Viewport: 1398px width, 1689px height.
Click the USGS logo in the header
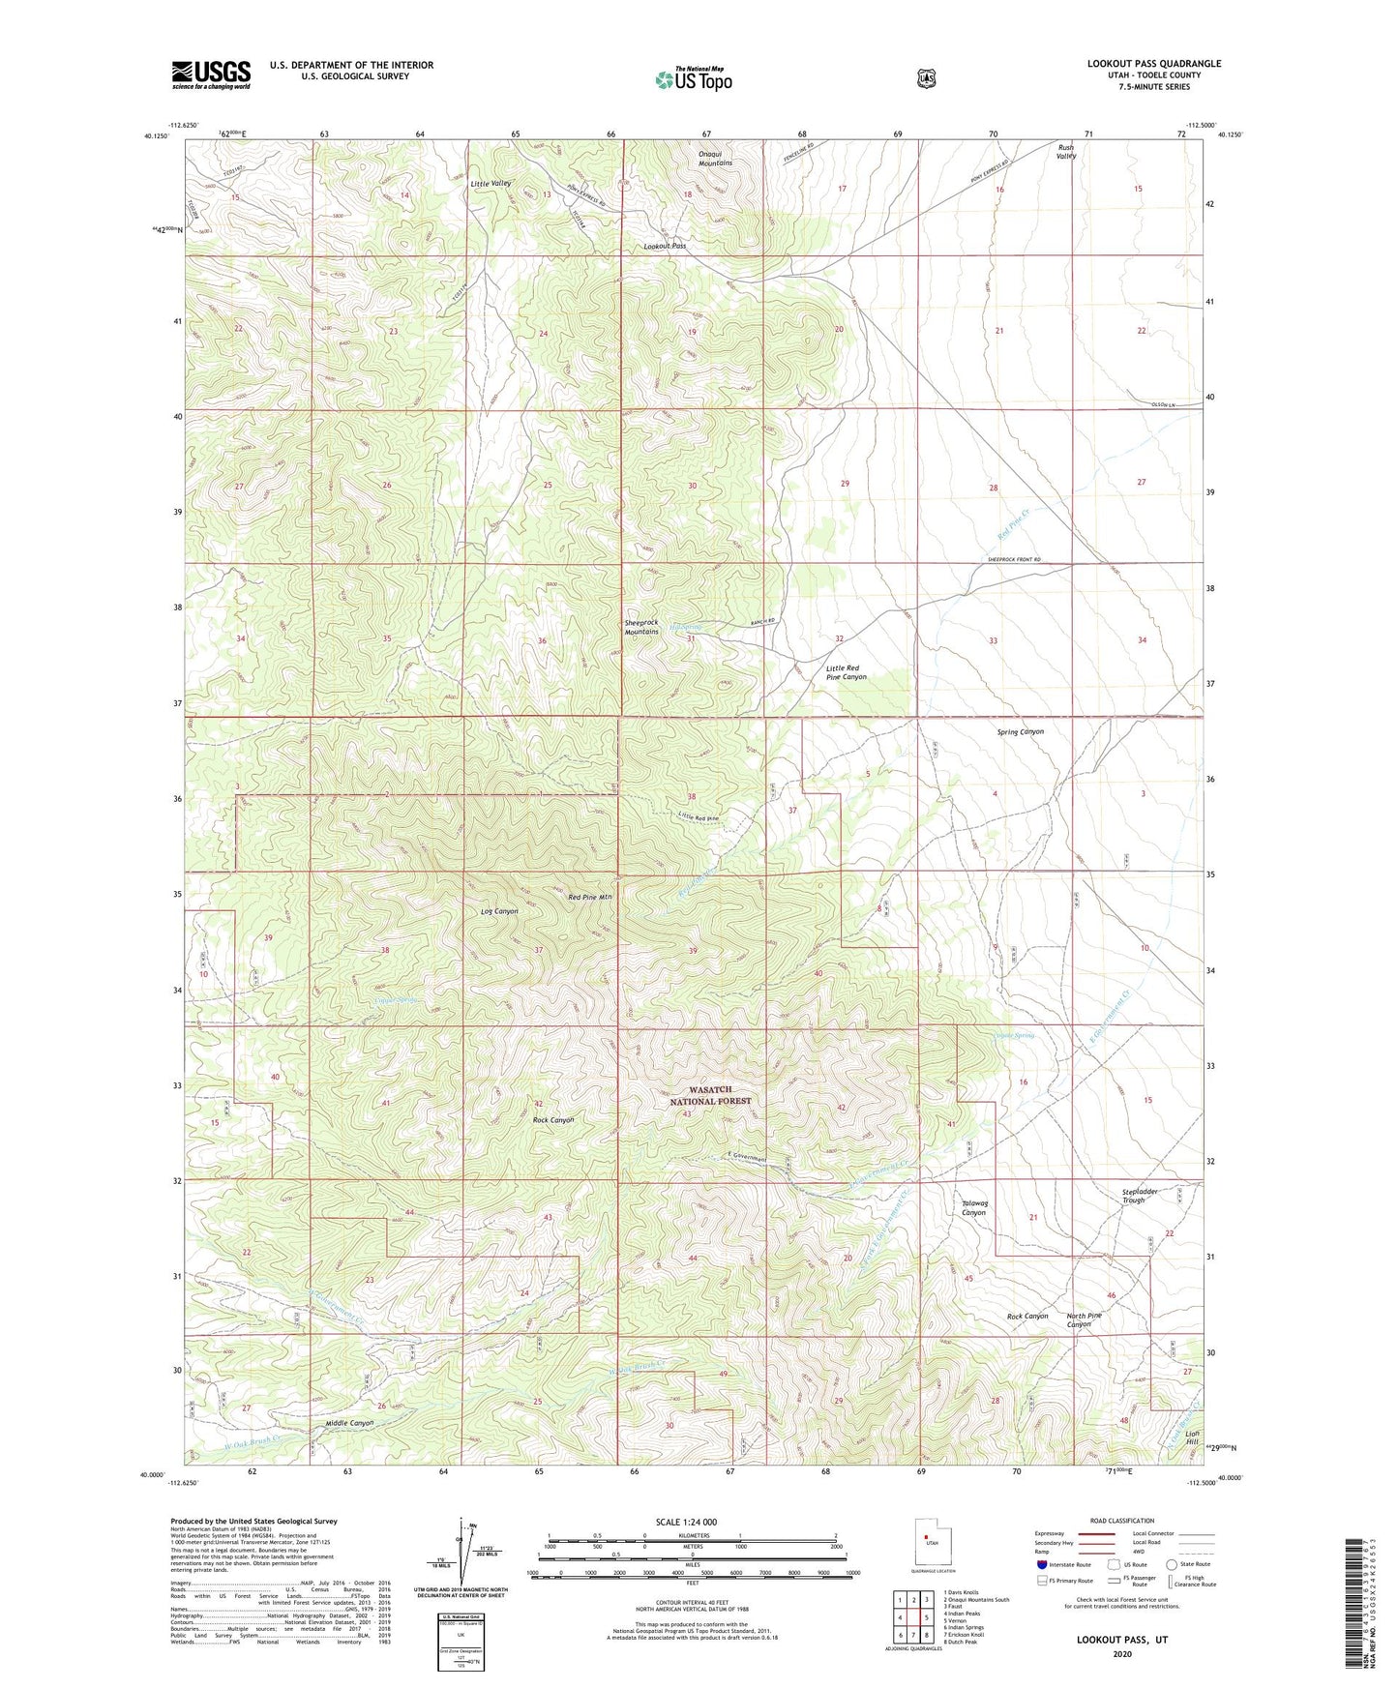click(211, 74)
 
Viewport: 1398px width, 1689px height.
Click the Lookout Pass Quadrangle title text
click(1153, 64)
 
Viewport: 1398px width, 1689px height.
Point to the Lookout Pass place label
click(665, 247)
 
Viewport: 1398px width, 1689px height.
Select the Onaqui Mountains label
click(715, 159)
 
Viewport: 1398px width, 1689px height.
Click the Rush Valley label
click(1065, 152)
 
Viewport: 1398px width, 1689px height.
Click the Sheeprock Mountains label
click(641, 627)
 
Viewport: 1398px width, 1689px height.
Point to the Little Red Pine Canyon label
click(846, 672)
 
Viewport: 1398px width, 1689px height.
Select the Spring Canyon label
click(1020, 732)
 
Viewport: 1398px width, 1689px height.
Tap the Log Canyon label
click(499, 911)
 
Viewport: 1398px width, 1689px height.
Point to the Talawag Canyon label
click(973, 1208)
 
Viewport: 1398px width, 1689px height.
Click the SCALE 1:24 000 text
click(686, 1522)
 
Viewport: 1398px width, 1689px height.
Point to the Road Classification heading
click(1121, 1521)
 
